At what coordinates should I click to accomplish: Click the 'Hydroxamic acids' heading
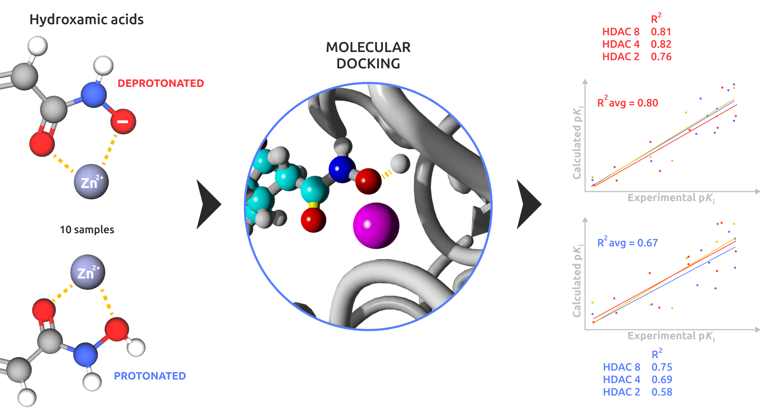coord(86,20)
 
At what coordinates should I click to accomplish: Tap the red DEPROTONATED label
coord(161,83)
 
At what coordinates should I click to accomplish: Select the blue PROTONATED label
coord(150,376)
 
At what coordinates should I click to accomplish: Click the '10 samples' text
coord(87,230)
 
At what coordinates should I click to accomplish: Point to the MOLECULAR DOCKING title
coord(368,56)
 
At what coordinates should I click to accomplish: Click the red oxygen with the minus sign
coord(123,122)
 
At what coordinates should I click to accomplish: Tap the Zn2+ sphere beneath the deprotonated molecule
coord(91,182)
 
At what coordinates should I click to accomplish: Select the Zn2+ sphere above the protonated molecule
coord(88,272)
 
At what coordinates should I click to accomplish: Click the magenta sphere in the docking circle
coord(376,225)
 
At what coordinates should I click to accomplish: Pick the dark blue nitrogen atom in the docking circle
coord(342,169)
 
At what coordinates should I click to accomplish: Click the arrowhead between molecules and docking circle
coord(208,204)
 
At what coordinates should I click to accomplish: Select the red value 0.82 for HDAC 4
coord(661,44)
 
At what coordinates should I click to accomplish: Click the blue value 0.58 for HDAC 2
coord(662,392)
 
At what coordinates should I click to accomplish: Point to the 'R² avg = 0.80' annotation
coord(627,103)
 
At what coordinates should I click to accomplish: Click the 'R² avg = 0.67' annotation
coord(627,242)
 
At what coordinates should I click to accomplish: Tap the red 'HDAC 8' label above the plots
coord(621,32)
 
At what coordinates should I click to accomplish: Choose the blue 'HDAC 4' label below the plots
coord(621,380)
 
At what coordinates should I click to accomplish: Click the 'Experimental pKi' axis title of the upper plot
coord(671,198)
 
